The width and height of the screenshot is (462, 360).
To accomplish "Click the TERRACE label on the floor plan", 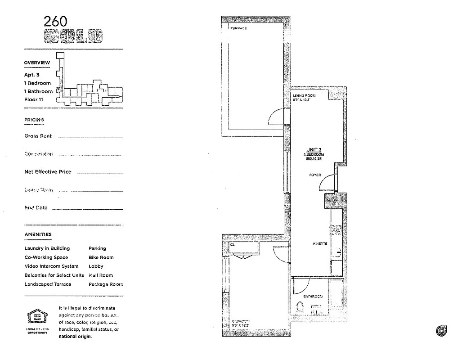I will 238,28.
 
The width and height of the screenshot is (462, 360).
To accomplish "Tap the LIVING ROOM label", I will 304,96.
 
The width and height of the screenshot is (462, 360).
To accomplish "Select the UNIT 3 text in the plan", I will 314,150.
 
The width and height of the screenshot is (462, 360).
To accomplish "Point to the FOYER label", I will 315,175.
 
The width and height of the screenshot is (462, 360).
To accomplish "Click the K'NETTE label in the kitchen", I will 320,244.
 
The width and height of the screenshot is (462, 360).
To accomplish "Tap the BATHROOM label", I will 313,297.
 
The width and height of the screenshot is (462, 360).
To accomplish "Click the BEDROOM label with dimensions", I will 240,322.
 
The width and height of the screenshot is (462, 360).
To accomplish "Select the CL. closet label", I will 233,245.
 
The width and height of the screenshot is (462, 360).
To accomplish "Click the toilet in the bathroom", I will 300,308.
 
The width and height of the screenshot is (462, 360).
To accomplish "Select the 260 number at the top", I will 56,21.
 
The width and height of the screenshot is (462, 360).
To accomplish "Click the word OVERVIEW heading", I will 37,63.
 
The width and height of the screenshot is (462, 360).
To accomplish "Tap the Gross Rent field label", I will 38,136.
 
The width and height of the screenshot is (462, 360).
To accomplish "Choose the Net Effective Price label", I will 48,172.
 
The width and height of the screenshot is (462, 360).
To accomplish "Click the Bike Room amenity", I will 101,257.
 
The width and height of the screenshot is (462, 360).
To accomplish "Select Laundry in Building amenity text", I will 47,248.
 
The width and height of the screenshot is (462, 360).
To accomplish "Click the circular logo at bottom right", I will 441,331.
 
